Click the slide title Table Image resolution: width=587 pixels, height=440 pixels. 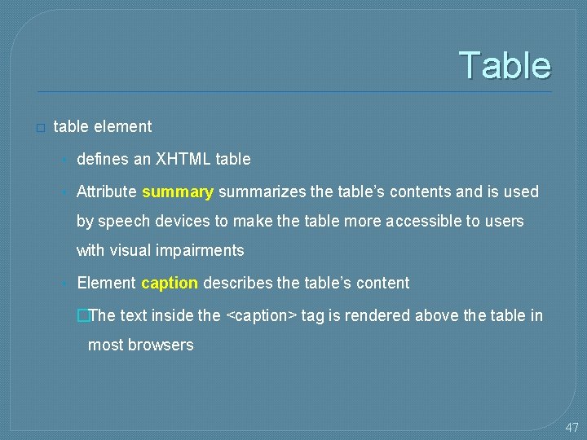tap(505, 65)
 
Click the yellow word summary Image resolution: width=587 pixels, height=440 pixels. tap(178, 192)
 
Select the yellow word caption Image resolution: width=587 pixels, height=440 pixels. tap(170, 284)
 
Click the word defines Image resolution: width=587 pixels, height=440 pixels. tap(102, 160)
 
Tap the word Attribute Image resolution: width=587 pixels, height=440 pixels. tap(107, 192)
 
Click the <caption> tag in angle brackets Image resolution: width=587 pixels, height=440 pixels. tap(261, 316)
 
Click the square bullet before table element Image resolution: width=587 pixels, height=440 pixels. tap(41, 128)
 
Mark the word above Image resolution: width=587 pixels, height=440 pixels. tap(438, 316)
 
